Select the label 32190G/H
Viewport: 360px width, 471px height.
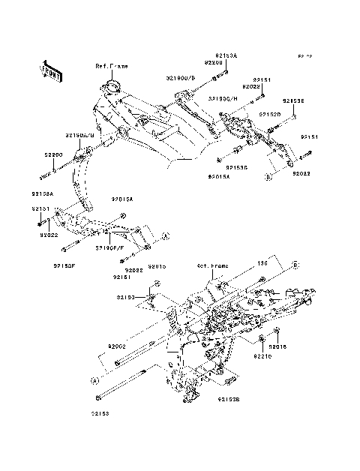[x=222, y=97]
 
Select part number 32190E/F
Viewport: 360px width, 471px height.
[x=109, y=246]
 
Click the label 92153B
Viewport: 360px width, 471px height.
[x=228, y=400]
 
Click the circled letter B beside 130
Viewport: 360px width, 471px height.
[x=295, y=265]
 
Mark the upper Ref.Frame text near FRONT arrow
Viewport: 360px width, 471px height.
[x=111, y=66]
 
